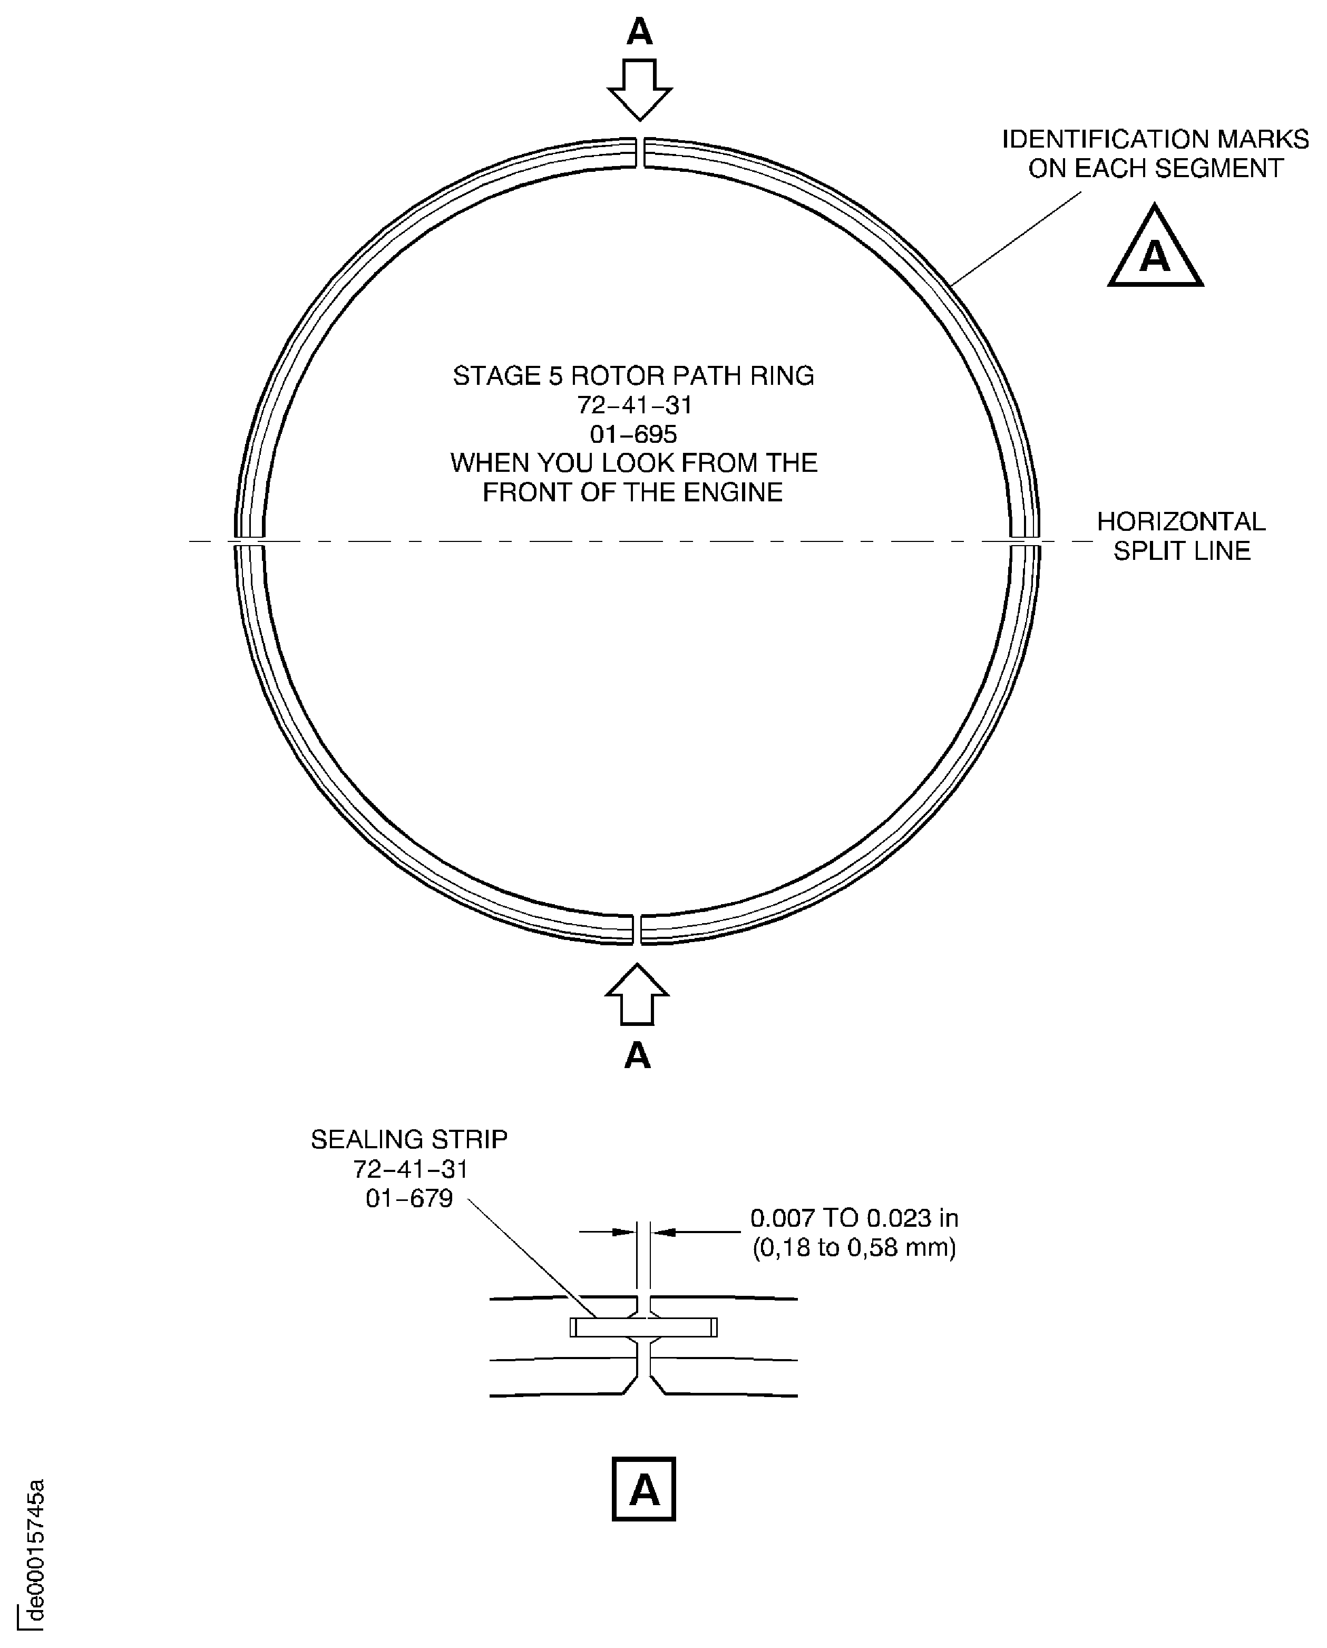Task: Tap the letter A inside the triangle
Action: click(x=1155, y=255)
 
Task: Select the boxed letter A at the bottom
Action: click(x=643, y=1489)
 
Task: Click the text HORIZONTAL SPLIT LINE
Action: click(x=1181, y=536)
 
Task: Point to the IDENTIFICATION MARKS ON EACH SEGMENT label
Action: click(x=1155, y=154)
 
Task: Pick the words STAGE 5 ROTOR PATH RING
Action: click(x=633, y=375)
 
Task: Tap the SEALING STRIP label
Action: click(x=409, y=1139)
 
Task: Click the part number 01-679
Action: click(x=409, y=1198)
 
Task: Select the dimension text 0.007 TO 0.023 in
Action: click(x=854, y=1218)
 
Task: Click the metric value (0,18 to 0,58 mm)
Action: click(x=854, y=1248)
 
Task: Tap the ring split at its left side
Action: click(x=249, y=541)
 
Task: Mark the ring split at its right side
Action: click(x=1025, y=541)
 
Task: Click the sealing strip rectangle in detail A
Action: click(x=643, y=1327)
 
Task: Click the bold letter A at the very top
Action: click(x=640, y=32)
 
